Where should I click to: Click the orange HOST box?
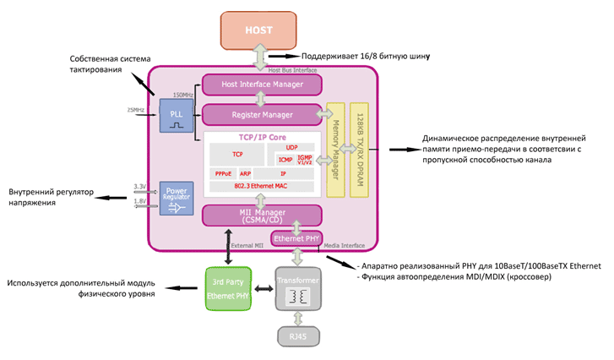pos(259,30)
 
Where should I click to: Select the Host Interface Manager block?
pos(262,84)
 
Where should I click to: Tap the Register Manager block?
pos(262,114)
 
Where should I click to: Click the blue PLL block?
pos(176,115)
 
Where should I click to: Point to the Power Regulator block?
pos(176,198)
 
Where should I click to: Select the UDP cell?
pos(291,146)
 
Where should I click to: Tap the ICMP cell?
pos(285,159)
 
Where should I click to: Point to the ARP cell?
pos(245,172)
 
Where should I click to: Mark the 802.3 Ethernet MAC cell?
pos(262,185)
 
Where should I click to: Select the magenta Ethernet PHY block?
pos(297,238)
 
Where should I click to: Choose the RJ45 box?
pos(297,335)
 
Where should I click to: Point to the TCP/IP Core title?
pos(262,135)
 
